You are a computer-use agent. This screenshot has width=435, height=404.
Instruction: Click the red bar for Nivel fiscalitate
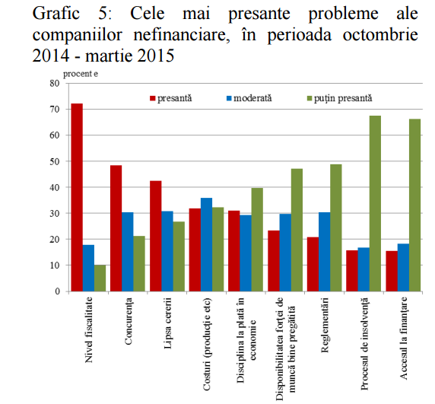coord(77,197)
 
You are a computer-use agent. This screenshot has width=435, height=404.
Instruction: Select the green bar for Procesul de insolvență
coord(375,203)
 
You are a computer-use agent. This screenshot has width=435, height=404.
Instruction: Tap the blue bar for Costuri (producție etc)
coord(206,244)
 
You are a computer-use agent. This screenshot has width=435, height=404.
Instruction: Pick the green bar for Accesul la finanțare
coord(414,205)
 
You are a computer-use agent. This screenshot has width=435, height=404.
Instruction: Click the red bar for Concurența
coord(116,228)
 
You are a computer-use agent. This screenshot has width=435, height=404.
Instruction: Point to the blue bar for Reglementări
coord(324,252)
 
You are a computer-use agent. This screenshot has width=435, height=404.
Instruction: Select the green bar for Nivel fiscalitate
coord(100,278)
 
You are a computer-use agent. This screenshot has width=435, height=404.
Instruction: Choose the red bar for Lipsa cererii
coord(156,236)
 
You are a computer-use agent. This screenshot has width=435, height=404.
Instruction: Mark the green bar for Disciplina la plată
coord(257,240)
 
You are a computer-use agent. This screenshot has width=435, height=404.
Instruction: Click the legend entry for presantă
coord(171,98)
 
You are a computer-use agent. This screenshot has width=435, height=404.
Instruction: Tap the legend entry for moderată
coord(249,98)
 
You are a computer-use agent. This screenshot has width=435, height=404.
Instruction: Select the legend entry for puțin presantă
coord(340,98)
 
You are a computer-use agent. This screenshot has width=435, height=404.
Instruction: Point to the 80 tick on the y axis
coord(55,83)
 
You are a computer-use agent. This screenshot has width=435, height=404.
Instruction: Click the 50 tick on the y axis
coord(55,161)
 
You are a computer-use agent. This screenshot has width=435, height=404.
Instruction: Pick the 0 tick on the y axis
coord(58,291)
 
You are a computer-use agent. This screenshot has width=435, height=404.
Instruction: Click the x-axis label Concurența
coord(129,321)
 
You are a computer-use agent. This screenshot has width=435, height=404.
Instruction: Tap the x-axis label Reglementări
coord(325,325)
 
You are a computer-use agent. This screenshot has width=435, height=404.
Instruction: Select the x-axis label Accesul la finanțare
coord(403,339)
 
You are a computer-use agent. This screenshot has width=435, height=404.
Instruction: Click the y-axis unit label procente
coord(81,74)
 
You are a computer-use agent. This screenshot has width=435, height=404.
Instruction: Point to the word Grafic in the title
coord(56,13)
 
